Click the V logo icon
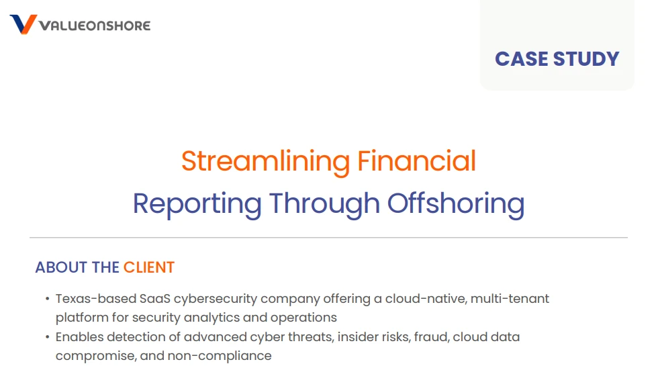pos(24,24)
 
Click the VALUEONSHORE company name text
pos(95,26)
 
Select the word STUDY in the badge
pos(586,59)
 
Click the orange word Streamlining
pos(266,161)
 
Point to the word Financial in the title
pos(417,161)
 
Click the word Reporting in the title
pos(197,203)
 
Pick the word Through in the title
pos(325,203)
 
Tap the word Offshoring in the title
pos(456,203)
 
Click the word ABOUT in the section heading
pos(62,267)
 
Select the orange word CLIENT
pos(149,267)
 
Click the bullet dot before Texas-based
pos(47,299)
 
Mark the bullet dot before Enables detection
pos(47,336)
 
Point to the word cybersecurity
pos(216,300)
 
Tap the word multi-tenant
pos(510,299)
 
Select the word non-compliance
pos(220,356)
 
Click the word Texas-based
pos(96,299)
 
